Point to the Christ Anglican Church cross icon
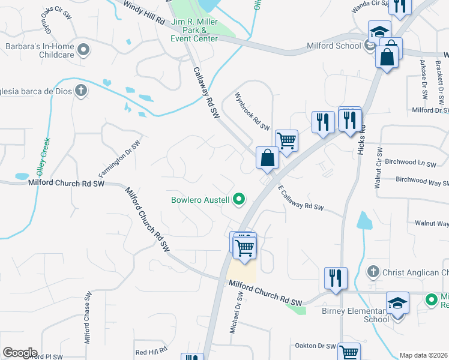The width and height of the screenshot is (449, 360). (x=373, y=272)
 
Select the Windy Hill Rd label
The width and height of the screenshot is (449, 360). (x=143, y=13)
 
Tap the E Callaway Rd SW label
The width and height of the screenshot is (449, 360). (x=301, y=199)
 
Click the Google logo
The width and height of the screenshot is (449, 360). (x=20, y=353)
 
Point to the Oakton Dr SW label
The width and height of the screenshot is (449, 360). (x=315, y=346)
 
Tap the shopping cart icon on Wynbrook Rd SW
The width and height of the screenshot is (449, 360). (x=287, y=141)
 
